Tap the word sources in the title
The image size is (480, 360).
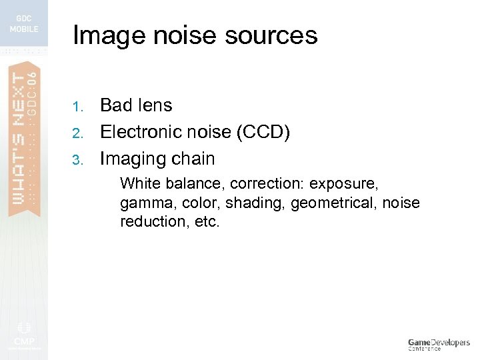point(272,35)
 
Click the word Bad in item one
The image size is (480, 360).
point(116,105)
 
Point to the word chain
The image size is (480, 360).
point(193,159)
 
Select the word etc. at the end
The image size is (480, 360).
point(206,221)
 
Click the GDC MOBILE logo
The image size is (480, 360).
point(24,25)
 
